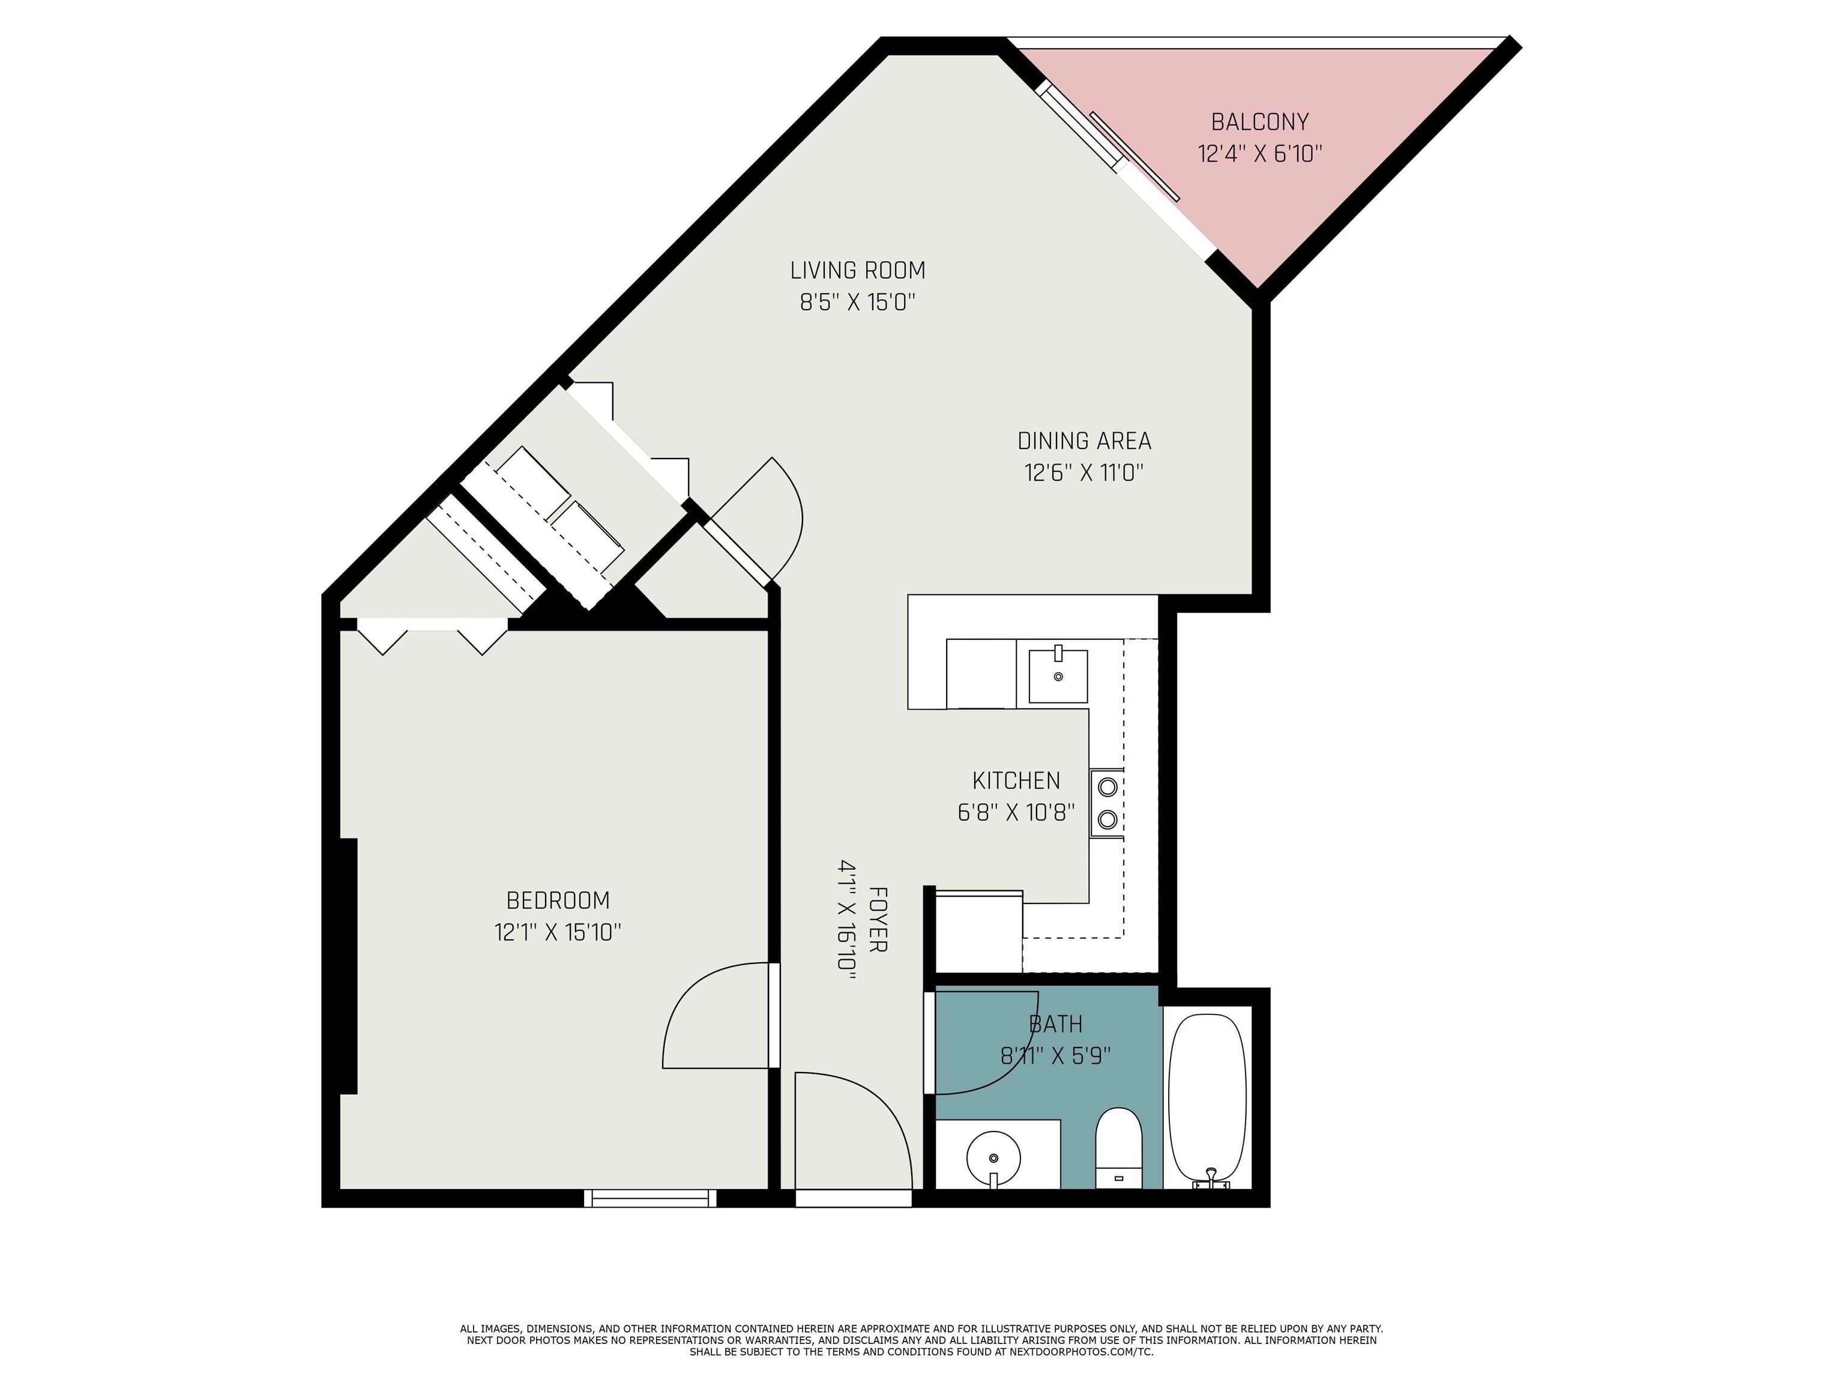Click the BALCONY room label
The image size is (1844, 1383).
click(x=1259, y=122)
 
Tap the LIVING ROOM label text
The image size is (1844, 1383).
click(x=858, y=271)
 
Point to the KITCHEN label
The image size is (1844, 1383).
click(x=1016, y=781)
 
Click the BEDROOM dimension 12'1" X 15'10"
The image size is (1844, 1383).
click(x=558, y=932)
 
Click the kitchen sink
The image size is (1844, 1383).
click(x=1058, y=675)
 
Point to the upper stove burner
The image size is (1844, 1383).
click(x=1108, y=786)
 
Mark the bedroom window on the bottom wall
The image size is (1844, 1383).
click(x=650, y=1199)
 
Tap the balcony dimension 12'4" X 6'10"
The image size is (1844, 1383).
click(x=1259, y=154)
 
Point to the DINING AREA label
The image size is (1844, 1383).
click(x=1083, y=441)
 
